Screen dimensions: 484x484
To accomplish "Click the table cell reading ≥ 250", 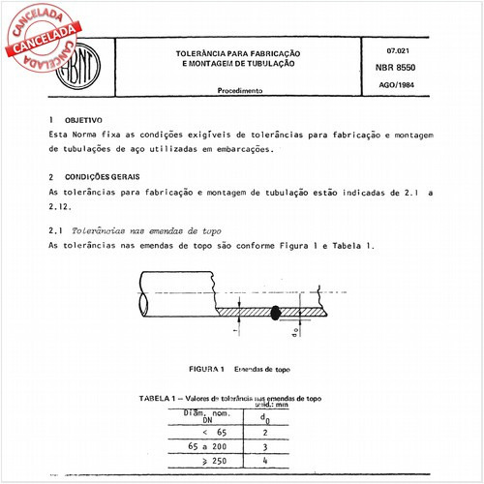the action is [x=196, y=465].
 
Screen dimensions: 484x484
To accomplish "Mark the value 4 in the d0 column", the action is [x=267, y=465].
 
